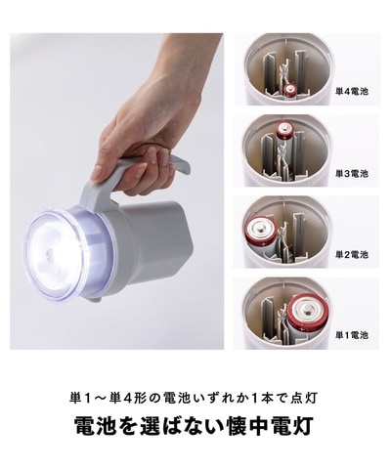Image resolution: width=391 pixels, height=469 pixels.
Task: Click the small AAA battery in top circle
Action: point(290,89)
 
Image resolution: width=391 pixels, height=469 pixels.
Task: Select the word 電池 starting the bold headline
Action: point(98,428)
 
